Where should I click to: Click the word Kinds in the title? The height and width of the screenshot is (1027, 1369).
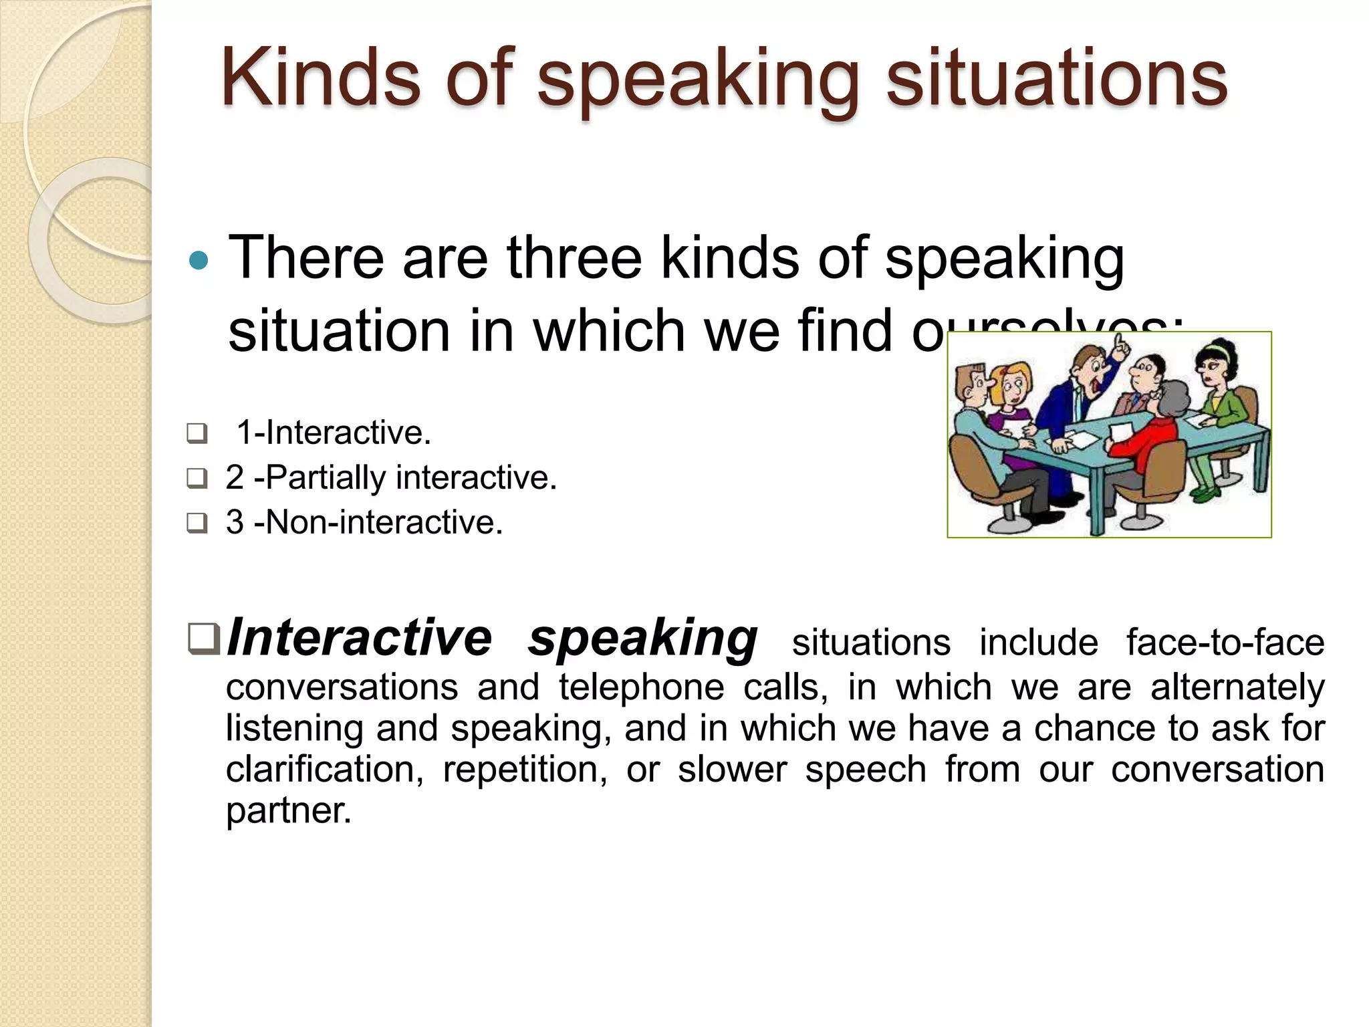(x=320, y=79)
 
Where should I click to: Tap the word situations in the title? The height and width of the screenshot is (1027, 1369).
(x=1056, y=79)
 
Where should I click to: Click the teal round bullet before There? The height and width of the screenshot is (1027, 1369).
(x=199, y=260)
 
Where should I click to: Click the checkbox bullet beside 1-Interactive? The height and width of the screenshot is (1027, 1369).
(x=197, y=434)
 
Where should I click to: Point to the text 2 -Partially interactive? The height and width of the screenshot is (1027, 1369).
(x=391, y=477)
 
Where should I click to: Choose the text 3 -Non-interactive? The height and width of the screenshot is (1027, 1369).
(x=364, y=522)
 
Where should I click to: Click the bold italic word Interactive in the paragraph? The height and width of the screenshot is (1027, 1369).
(x=359, y=638)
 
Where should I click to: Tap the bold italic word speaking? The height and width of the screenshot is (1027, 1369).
(x=642, y=639)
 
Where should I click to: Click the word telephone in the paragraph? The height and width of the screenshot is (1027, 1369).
(x=641, y=687)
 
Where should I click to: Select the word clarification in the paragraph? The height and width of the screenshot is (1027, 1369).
(x=325, y=770)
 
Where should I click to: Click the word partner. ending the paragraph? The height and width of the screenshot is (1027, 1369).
(x=288, y=811)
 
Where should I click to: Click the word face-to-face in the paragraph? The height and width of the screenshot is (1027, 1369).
(x=1225, y=643)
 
